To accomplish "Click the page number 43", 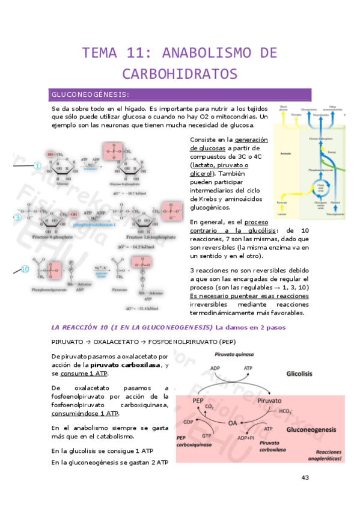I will pos(305,478).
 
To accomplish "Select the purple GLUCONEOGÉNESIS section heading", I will pos(90,95).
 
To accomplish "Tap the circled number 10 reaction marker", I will pos(25,270).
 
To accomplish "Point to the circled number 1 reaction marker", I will pos(37,166).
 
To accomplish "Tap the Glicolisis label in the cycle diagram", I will pos(299,373).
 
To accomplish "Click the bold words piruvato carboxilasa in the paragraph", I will pos(125,365).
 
